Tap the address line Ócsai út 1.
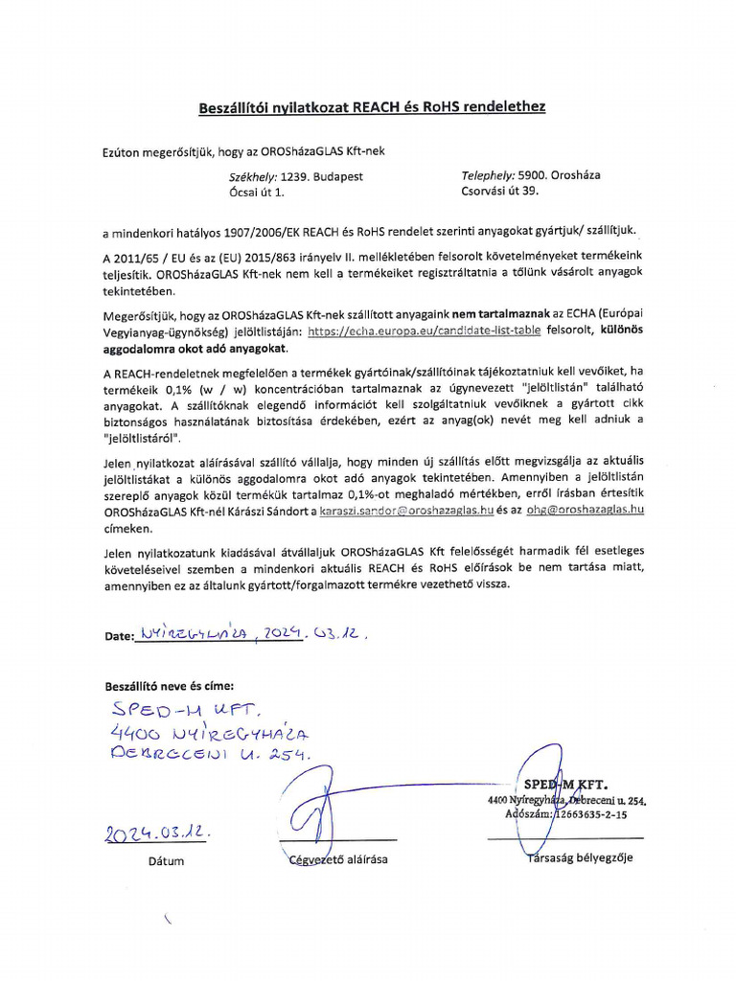click(257, 192)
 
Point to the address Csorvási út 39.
click(500, 191)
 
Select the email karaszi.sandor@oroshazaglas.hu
click(406, 511)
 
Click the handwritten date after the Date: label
click(253, 634)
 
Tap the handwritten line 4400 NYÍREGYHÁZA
click(209, 734)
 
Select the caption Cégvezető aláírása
click(338, 859)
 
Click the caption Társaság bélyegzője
click(580, 857)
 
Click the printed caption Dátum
click(166, 860)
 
